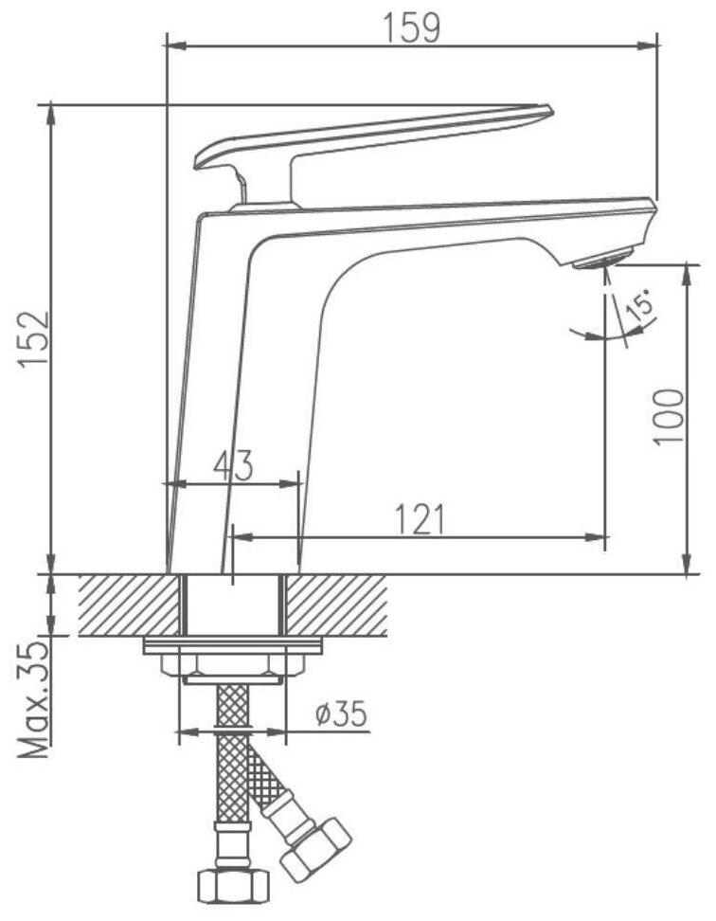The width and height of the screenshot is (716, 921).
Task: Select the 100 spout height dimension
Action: click(x=668, y=416)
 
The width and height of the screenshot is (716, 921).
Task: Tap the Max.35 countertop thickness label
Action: click(x=34, y=700)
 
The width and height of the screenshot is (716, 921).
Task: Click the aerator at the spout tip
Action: click(x=602, y=258)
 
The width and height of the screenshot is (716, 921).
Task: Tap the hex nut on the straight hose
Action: click(x=227, y=886)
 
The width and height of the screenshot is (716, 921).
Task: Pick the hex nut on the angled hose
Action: click(x=317, y=848)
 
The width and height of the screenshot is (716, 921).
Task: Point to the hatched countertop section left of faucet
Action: click(x=128, y=605)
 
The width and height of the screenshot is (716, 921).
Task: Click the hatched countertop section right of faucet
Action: click(x=336, y=605)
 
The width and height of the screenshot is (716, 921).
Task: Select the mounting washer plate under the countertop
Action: click(x=232, y=646)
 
